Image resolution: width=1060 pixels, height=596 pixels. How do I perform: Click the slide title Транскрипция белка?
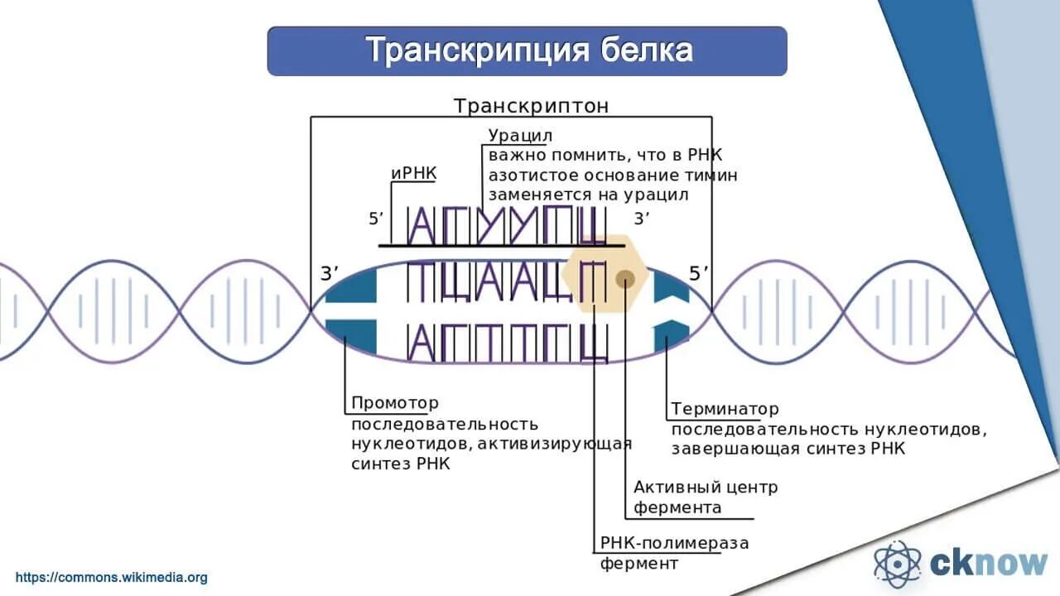528,50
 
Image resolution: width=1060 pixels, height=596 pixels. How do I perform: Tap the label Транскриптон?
531,106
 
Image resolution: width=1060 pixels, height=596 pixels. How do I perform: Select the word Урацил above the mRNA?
520,135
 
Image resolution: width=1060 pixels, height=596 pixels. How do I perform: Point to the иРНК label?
413,174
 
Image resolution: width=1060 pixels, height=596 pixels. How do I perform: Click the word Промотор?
395,403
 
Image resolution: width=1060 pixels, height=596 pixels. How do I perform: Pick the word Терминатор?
725,409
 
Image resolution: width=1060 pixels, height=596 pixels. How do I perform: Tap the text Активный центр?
706,487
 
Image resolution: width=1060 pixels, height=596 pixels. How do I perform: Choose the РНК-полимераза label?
674,543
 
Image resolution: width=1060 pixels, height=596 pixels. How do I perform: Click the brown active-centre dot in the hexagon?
625,279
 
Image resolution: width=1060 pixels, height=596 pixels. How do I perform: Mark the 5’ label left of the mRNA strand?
377,219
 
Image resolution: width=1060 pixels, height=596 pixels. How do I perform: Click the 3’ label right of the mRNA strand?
642,219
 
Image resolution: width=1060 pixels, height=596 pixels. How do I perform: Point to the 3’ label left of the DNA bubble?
330,275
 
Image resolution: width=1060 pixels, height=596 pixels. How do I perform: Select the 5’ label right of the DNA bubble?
700,275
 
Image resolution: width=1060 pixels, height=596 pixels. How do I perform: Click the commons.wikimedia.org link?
112,578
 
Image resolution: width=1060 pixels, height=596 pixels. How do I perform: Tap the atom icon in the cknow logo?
897,564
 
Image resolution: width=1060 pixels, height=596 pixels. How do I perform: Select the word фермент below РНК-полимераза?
639,564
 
